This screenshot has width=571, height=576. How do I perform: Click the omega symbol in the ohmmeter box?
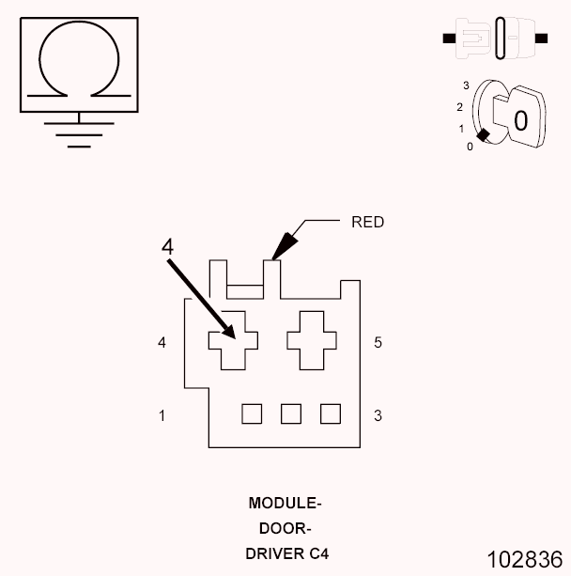pos(78,62)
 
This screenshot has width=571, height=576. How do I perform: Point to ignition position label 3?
pos(466,86)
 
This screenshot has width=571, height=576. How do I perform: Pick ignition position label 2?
pos(459,107)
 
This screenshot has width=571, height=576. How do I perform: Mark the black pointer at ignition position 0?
pos(484,136)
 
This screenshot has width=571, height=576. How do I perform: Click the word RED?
pos(367,223)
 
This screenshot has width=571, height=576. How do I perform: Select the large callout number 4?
pos(167,246)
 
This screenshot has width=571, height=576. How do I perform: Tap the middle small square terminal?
pos(290,413)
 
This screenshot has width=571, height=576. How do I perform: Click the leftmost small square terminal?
pos(251,413)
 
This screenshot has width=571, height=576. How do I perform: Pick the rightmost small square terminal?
pos(330,413)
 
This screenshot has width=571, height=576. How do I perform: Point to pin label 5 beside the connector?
pos(378,343)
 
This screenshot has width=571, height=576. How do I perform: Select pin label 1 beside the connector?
pos(162,414)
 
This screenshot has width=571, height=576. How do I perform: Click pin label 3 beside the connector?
pos(378,414)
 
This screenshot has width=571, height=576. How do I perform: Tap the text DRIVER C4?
pos(287,553)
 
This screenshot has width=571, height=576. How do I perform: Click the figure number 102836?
pos(524,559)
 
